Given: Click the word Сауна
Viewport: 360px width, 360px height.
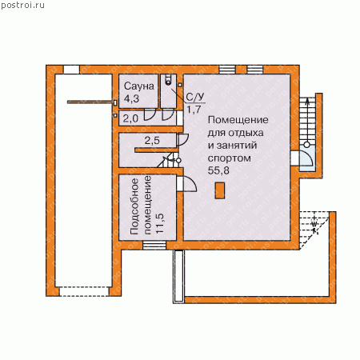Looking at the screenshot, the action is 139,86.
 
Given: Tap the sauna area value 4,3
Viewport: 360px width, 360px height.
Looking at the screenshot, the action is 131,98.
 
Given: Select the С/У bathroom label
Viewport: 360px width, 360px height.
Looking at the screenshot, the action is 195,97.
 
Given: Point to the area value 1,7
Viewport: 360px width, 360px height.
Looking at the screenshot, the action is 194,109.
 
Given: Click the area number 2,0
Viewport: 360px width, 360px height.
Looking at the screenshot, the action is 130,118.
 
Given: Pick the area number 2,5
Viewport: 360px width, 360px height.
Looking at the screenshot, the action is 152,140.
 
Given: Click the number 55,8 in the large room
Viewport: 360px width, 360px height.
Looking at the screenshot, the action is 218,170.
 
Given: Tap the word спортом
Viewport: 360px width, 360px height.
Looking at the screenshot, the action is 230,158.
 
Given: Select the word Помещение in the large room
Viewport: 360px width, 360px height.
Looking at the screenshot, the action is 238,120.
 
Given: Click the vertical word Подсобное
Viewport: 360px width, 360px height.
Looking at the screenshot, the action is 134,206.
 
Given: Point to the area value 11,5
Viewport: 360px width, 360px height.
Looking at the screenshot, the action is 159,223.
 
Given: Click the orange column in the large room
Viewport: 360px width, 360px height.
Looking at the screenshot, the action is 220,190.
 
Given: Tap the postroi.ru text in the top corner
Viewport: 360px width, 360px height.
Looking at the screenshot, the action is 22,6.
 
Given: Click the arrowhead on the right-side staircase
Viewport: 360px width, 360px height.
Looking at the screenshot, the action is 307,100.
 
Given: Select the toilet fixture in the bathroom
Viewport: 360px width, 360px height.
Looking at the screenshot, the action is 168,79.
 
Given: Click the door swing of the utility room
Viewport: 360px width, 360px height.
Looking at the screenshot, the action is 190,183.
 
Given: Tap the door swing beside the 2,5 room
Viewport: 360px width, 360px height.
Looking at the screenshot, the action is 182,139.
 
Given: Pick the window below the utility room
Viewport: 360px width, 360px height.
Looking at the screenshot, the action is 154,246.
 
